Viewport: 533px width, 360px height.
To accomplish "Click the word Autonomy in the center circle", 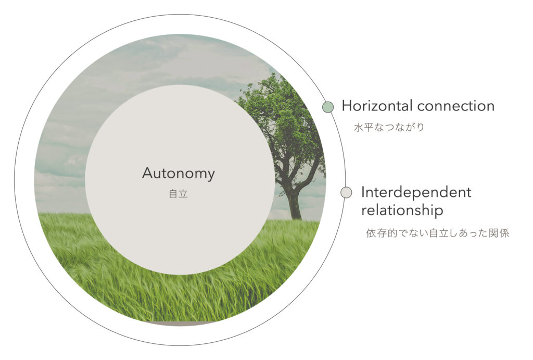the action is (179, 174).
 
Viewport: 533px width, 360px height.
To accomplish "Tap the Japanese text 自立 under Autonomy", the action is (179, 194).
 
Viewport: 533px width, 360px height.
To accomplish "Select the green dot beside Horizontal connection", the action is (328, 107).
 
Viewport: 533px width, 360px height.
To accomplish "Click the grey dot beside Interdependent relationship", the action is (346, 192).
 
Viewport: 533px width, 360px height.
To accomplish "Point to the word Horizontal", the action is (377, 106).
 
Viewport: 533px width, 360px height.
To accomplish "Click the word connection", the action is (456, 106).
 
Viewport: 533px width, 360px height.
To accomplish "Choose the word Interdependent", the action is (416, 193).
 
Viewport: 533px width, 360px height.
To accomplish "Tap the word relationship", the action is (402, 210).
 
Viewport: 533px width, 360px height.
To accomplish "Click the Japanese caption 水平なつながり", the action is (389, 128).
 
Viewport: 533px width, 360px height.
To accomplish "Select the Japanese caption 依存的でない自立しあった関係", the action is (437, 233).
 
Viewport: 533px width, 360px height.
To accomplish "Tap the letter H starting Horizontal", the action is (347, 106).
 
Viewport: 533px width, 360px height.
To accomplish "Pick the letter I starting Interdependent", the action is (363, 192).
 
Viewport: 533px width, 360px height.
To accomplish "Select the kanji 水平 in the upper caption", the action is (364, 128).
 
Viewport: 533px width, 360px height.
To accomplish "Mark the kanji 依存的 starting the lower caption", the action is (382, 233).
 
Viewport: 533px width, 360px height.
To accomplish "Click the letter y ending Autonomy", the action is (211, 176).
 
